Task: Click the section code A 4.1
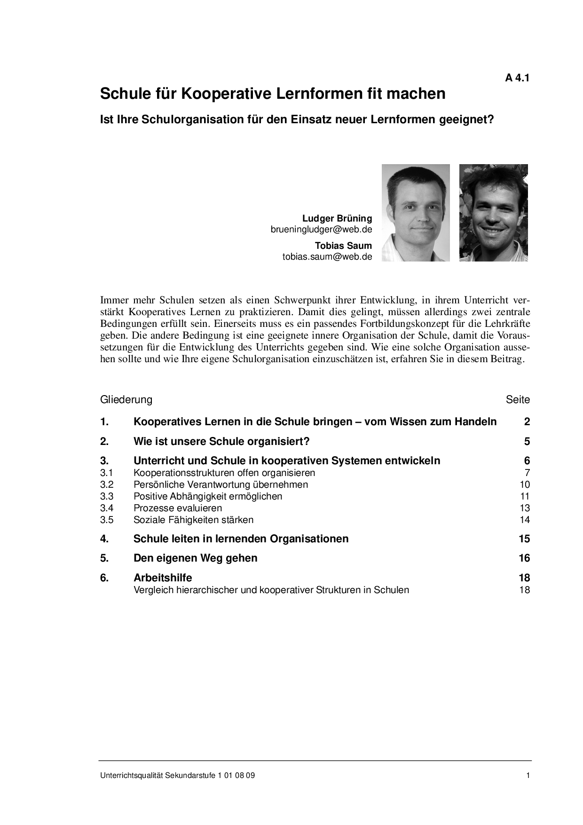coord(517,79)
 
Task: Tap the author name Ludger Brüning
coord(337,218)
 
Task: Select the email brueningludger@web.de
coord(321,230)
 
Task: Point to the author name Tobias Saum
coord(343,246)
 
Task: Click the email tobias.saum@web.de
coord(327,257)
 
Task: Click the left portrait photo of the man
coord(416,213)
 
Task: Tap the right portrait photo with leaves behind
coord(493,213)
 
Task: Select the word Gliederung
coord(126,400)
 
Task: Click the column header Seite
coord(518,400)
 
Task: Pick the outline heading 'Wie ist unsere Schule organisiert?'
coord(221,441)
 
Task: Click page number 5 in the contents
coord(527,441)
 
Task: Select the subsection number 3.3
coord(107,496)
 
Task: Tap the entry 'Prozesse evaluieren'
coord(178,508)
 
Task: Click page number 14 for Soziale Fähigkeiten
coord(525,520)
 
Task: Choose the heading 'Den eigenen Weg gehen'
coord(195,558)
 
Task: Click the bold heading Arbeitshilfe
coord(163,578)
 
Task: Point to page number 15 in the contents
coord(524,539)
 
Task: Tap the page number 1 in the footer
coord(528,776)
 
